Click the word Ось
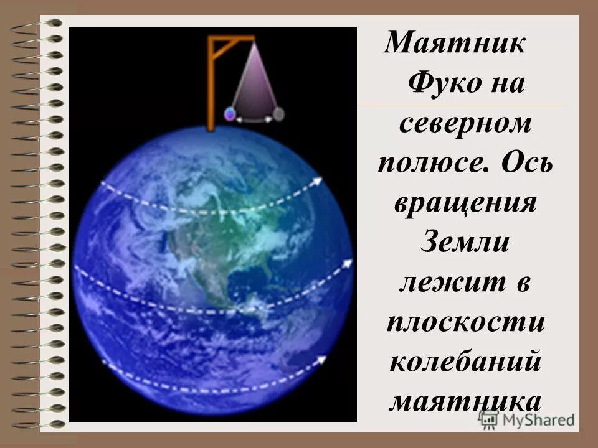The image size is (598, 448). (524, 164)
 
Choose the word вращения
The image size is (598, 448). (464, 203)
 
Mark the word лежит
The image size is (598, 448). (447, 283)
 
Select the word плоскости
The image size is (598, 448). (464, 322)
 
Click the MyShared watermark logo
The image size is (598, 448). (526, 420)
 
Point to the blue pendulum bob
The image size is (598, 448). (230, 114)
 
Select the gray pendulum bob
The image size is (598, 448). (279, 113)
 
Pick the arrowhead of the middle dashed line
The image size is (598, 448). (348, 264)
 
